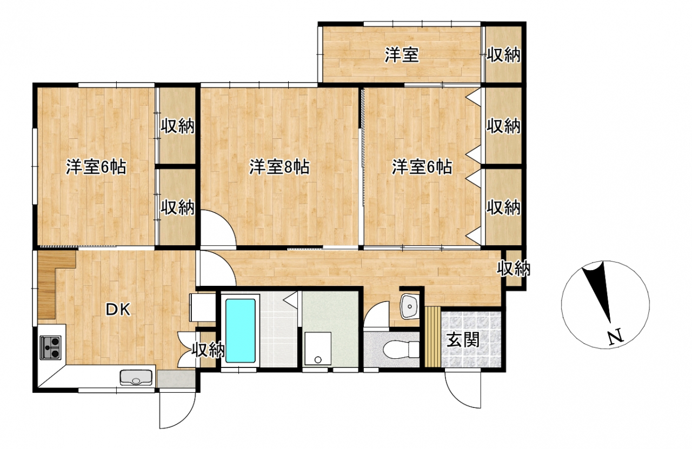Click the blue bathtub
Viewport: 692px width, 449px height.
point(241,331)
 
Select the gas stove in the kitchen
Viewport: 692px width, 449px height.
point(50,347)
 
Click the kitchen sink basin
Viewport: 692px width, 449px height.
point(136,378)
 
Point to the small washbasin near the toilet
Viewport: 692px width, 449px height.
point(410,306)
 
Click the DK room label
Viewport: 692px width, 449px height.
point(118,310)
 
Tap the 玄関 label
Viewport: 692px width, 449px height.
point(463,340)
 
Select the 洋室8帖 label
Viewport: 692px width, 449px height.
point(280,167)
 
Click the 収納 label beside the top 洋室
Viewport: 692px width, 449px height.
point(503,55)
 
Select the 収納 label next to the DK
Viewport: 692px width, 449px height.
point(208,350)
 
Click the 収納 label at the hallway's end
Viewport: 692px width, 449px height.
point(514,269)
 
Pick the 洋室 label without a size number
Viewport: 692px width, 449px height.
point(402,55)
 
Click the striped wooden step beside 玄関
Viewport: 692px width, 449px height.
point(433,337)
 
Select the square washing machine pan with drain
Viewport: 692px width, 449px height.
point(318,349)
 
